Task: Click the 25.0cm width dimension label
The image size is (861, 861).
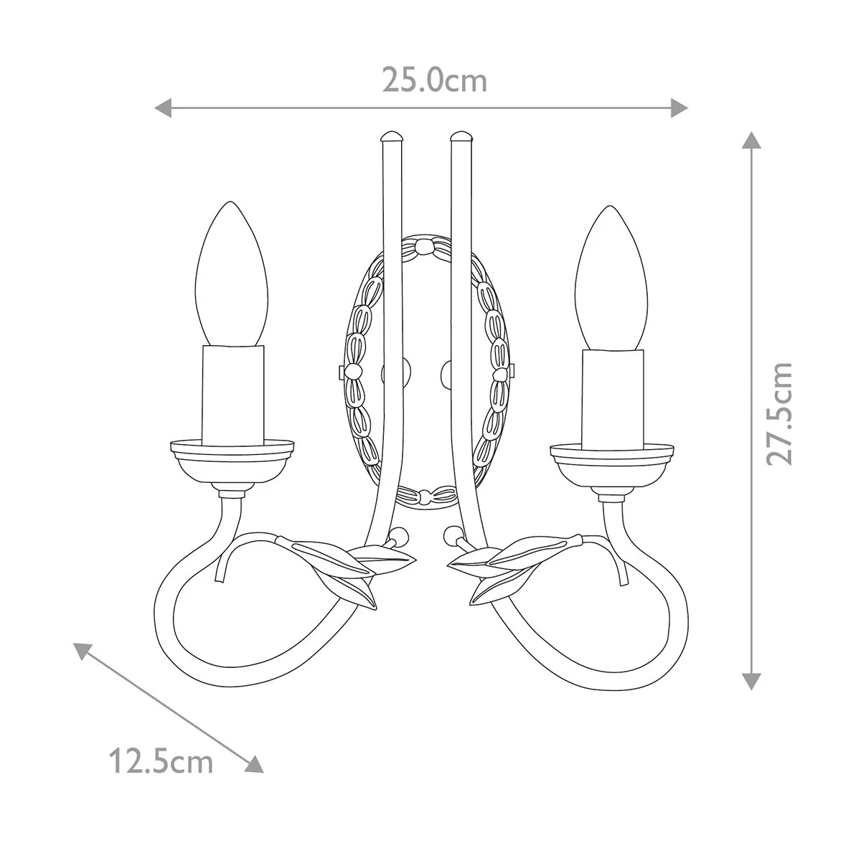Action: (x=434, y=80)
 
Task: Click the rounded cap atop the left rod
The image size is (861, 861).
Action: (x=392, y=136)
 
